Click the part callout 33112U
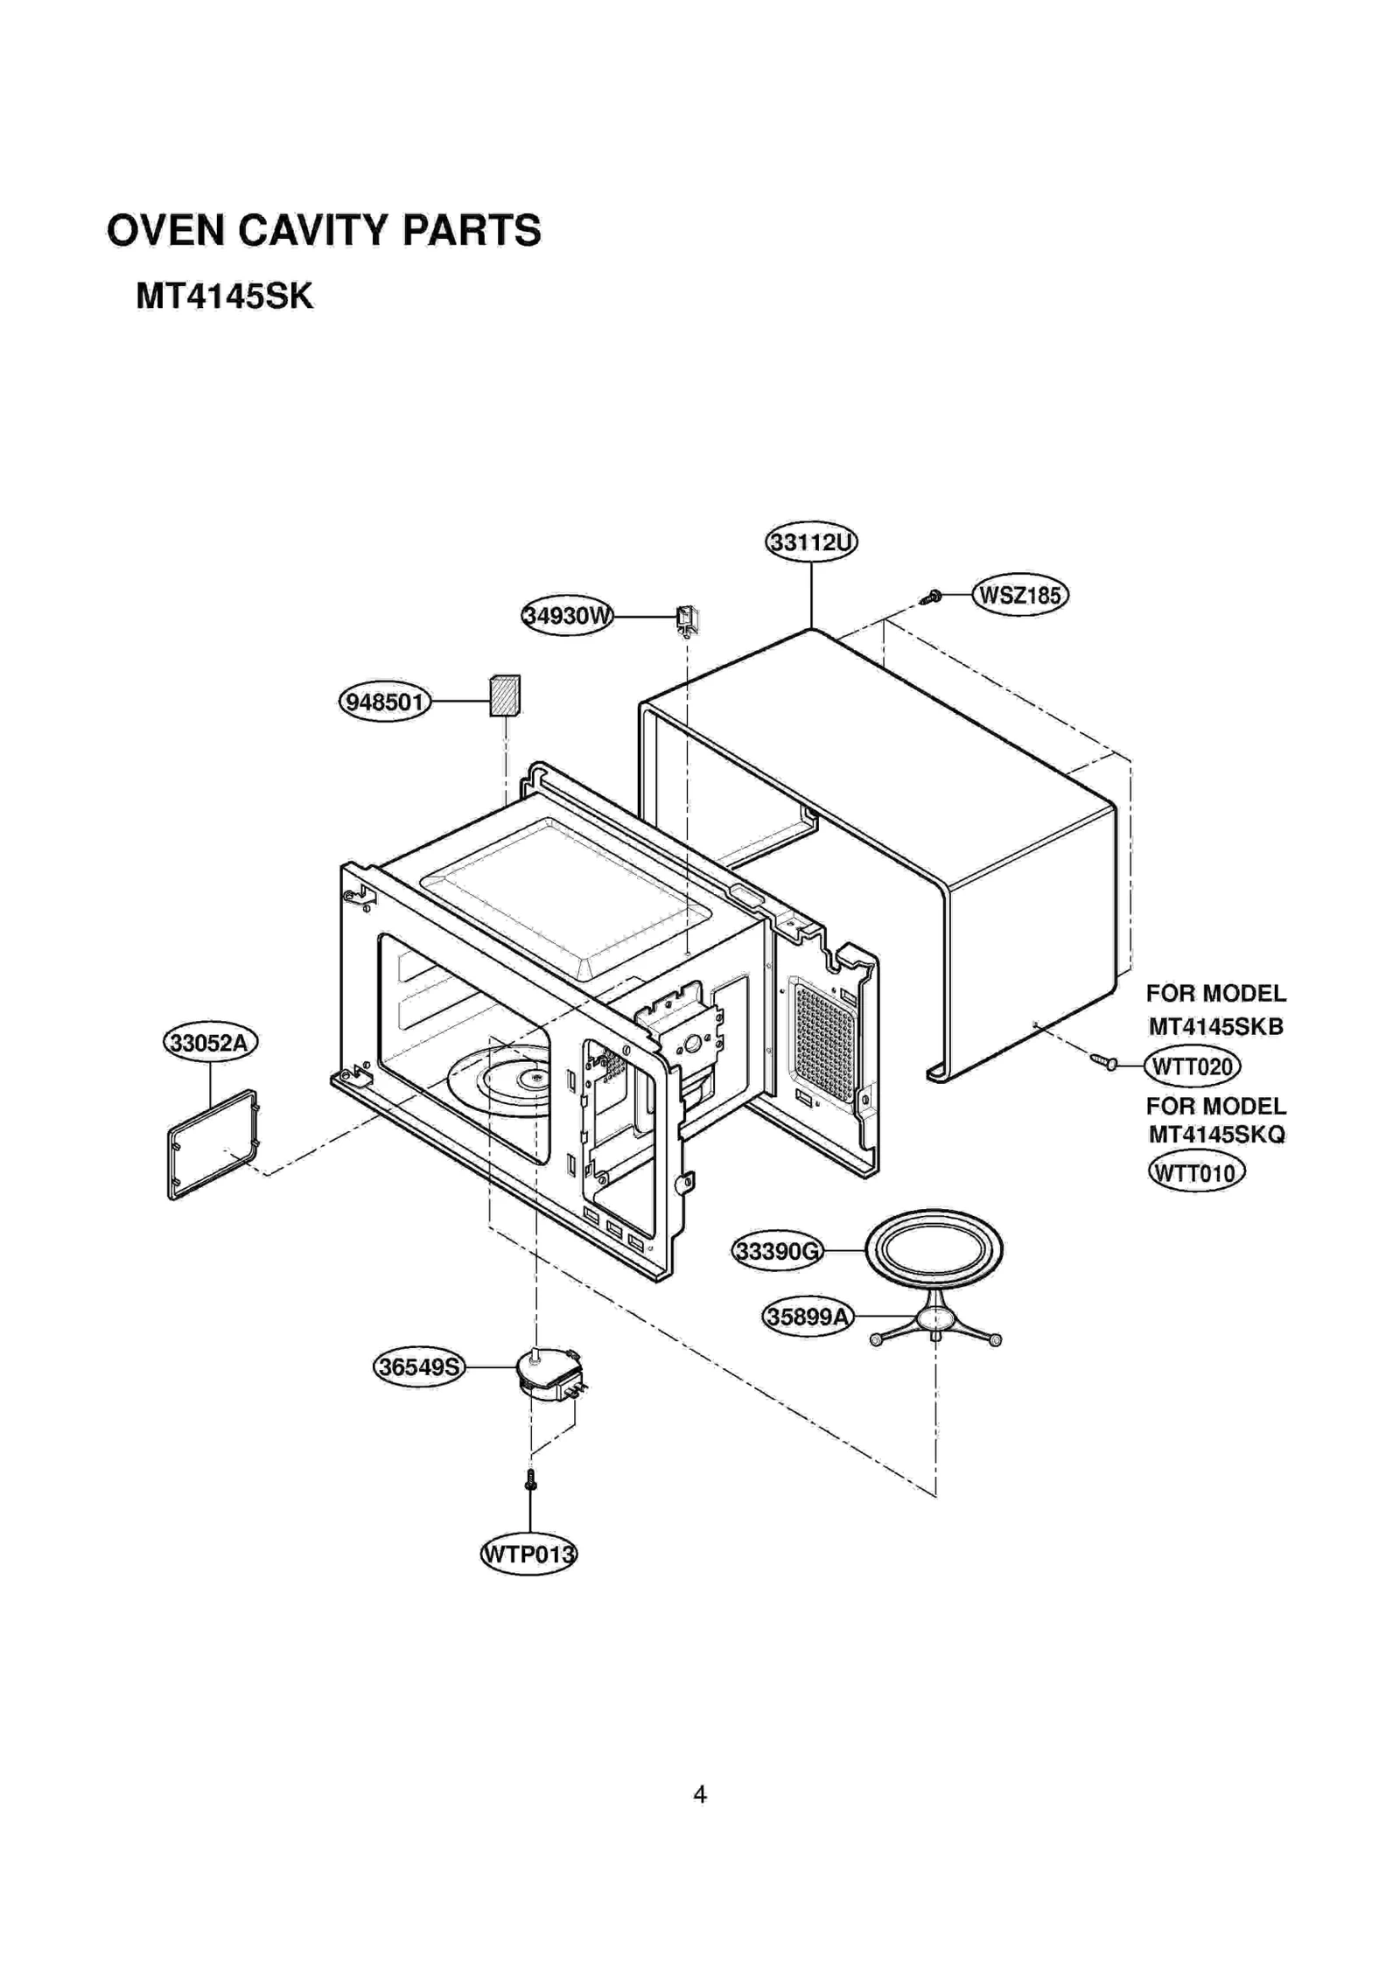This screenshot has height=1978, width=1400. tap(811, 543)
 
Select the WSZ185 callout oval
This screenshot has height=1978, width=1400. tap(1020, 596)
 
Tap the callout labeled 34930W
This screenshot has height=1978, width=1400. tap(567, 616)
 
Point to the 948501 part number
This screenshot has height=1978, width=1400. tap(385, 702)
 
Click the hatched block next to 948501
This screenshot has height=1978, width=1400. tap(505, 695)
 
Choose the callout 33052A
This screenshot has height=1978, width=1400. tap(210, 1043)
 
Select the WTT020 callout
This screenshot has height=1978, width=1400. tap(1192, 1066)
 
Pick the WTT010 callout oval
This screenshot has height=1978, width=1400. tap(1196, 1173)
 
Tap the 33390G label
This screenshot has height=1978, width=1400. tap(777, 1252)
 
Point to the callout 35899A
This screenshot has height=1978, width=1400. tap(808, 1316)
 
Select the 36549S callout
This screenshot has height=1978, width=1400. tap(419, 1366)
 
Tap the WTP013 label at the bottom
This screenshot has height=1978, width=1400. tap(529, 1555)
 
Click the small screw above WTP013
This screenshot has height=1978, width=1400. tap(530, 1479)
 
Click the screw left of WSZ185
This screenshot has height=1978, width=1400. tap(932, 598)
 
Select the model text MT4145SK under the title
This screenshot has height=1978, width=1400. tap(224, 297)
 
